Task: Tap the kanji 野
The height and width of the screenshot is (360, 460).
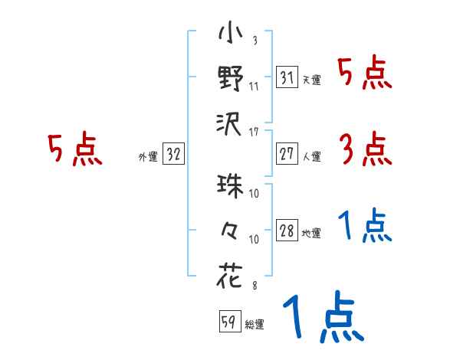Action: pyautogui.click(x=231, y=78)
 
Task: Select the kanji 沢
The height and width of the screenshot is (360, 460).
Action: pyautogui.click(x=231, y=123)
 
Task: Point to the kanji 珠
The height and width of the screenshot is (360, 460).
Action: pyautogui.click(x=231, y=187)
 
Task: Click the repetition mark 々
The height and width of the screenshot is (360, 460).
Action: pyautogui.click(x=231, y=232)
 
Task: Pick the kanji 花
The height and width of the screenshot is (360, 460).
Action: pyautogui.click(x=231, y=275)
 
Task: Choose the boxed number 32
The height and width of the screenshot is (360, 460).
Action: pyautogui.click(x=173, y=153)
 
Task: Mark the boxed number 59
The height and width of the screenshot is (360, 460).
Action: pyautogui.click(x=228, y=321)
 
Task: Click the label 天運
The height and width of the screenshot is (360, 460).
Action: pyautogui.click(x=311, y=80)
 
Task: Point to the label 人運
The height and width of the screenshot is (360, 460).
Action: pyautogui.click(x=311, y=156)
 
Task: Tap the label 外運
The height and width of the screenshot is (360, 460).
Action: pyautogui.click(x=147, y=156)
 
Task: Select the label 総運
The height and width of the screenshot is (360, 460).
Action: pyautogui.click(x=254, y=324)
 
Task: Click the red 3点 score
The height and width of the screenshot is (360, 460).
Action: pyautogui.click(x=364, y=150)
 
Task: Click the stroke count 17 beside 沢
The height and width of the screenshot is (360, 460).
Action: pyautogui.click(x=254, y=133)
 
